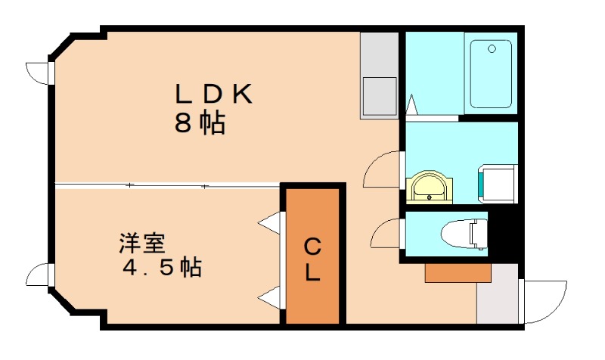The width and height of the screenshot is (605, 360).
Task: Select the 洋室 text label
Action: (x=141, y=244)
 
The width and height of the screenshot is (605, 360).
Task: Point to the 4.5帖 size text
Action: (x=162, y=268)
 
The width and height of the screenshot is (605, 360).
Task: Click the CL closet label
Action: (x=312, y=259)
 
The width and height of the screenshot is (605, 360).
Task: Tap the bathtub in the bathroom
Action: (x=491, y=74)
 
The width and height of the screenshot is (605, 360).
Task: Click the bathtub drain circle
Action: (x=492, y=50)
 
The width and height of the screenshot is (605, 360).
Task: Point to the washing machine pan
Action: (x=498, y=184)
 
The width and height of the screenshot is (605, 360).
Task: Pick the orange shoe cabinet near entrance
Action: (x=458, y=272)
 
